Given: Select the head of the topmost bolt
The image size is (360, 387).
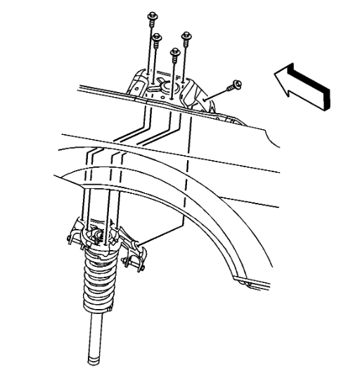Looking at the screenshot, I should [x=151, y=16].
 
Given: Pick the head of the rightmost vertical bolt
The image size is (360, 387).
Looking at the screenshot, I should [x=187, y=35].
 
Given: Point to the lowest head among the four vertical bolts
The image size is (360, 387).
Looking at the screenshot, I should [x=175, y=51].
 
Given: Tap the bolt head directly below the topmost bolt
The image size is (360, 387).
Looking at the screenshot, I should [x=157, y=35].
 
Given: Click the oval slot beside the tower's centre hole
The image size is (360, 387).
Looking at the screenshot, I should [x=152, y=89].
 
